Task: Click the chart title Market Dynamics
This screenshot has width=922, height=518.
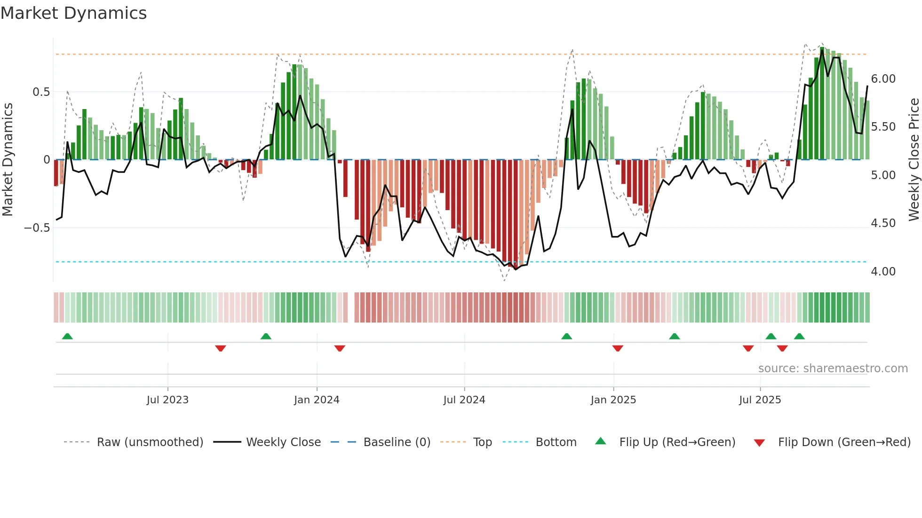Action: point(73,13)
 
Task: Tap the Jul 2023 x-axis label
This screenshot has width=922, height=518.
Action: point(167,400)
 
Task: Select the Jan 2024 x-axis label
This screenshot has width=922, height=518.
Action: point(317,400)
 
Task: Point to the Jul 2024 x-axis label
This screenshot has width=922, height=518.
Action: point(464,400)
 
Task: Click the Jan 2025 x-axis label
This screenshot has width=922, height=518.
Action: point(613,400)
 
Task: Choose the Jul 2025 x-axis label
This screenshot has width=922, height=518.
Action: point(760,400)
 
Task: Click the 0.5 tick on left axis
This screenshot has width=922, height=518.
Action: point(41,92)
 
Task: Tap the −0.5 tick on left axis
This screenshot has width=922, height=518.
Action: point(37,228)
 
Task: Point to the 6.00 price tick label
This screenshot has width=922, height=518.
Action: point(883,79)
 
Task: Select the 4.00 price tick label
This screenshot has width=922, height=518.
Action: point(883,272)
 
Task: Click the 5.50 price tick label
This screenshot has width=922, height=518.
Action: point(883,127)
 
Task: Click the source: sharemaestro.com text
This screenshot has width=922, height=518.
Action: point(833,369)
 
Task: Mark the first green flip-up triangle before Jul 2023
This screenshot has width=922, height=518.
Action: point(67,336)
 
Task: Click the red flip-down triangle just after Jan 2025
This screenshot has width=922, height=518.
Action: point(618,348)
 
